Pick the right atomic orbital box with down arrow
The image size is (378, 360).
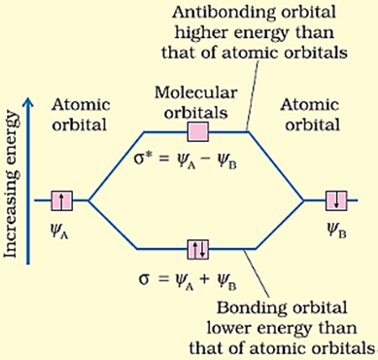tap(332, 200)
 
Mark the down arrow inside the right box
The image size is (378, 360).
tap(332, 200)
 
